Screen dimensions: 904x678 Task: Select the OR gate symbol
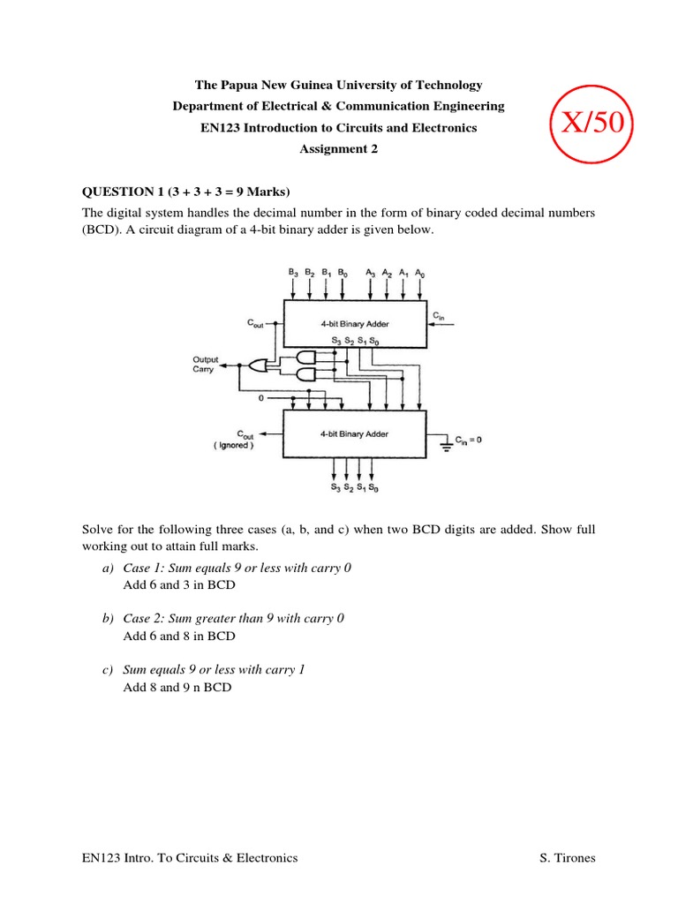point(257,365)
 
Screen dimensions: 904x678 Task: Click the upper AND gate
point(306,357)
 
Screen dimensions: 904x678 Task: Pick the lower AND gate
point(306,375)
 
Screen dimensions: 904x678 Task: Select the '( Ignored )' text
point(232,446)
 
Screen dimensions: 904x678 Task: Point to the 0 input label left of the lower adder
point(260,398)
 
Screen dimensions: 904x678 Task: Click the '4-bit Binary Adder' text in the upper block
point(354,324)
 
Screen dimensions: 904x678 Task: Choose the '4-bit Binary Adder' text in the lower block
point(354,434)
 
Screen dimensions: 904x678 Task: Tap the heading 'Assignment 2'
point(338,149)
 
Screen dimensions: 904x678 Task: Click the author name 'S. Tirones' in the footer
point(567,857)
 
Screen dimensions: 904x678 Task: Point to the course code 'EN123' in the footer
point(101,857)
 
